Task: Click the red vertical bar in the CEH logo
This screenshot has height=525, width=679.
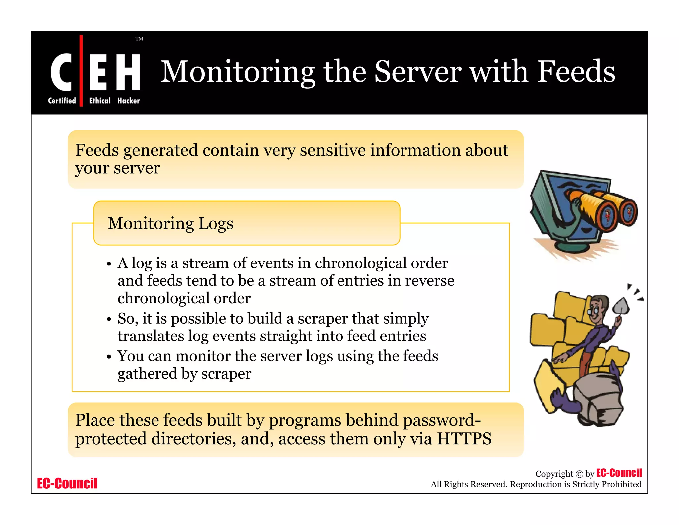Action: point(81,70)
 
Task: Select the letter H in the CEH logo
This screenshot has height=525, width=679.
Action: point(128,72)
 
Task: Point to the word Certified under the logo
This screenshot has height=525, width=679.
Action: point(62,101)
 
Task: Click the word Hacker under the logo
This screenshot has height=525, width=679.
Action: point(128,101)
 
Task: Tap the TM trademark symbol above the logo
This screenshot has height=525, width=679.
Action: point(139,39)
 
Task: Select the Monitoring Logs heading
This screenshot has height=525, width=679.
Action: point(170,223)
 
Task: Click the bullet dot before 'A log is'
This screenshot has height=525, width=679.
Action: point(109,264)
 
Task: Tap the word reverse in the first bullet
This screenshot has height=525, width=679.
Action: point(430,281)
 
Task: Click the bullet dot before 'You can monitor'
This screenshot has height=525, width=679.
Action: point(109,357)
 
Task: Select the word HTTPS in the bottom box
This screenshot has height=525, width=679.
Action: point(464,439)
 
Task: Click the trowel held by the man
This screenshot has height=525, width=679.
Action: point(620,305)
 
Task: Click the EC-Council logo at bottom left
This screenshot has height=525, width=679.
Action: point(67,484)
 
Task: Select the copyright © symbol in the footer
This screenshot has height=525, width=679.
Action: point(579,474)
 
